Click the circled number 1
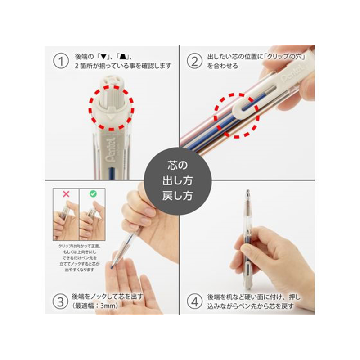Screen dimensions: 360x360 (60, 62)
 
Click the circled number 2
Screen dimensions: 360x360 (194, 62)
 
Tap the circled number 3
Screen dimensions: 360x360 (60, 301)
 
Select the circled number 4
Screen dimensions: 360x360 (194, 301)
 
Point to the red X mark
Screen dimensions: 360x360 (66, 194)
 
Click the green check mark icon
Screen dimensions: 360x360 (92, 194)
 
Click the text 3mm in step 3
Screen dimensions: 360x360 (108, 306)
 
